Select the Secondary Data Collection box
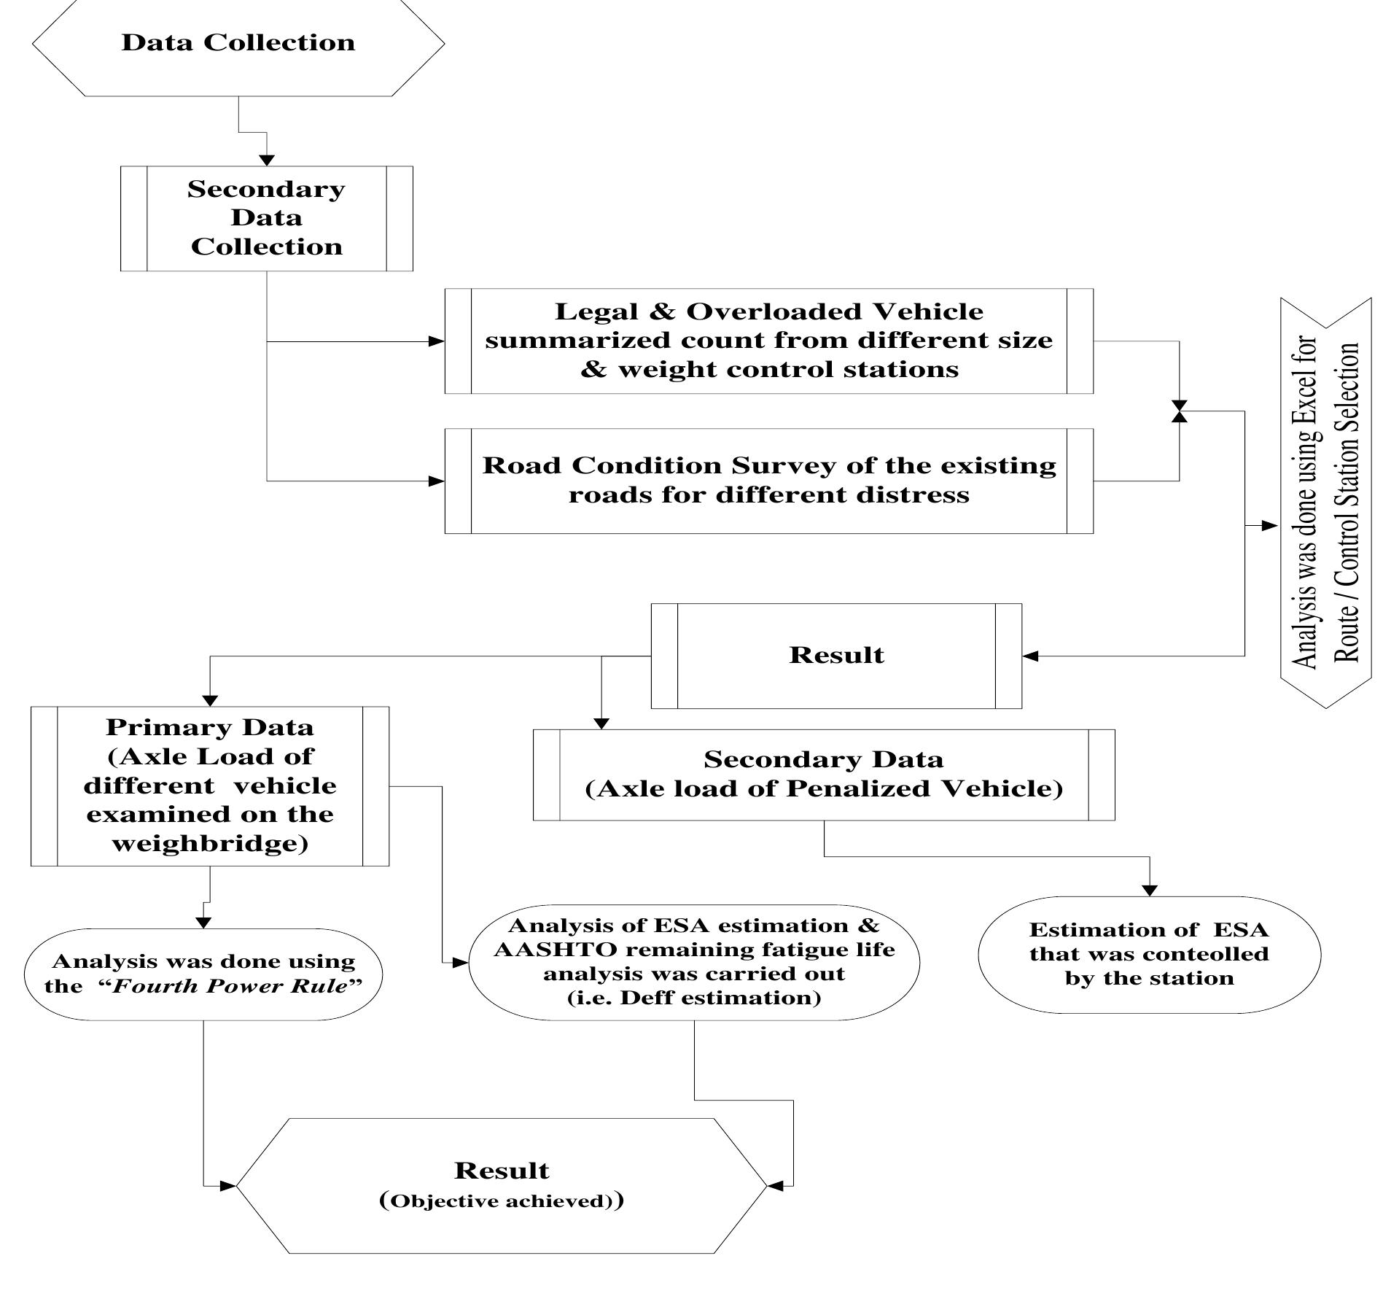pos(266,218)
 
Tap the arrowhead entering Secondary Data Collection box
pos(267,160)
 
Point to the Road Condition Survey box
pos(768,481)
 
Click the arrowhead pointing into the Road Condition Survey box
pos(436,481)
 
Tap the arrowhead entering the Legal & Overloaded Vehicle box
pos(436,341)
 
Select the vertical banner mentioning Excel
pos(1326,503)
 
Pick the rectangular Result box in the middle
pos(836,656)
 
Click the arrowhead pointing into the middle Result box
pos(1031,656)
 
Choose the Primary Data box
pos(210,785)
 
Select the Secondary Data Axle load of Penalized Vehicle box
pos(824,775)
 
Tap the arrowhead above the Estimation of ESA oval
pos(1150,890)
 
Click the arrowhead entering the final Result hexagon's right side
pos(776,1186)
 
